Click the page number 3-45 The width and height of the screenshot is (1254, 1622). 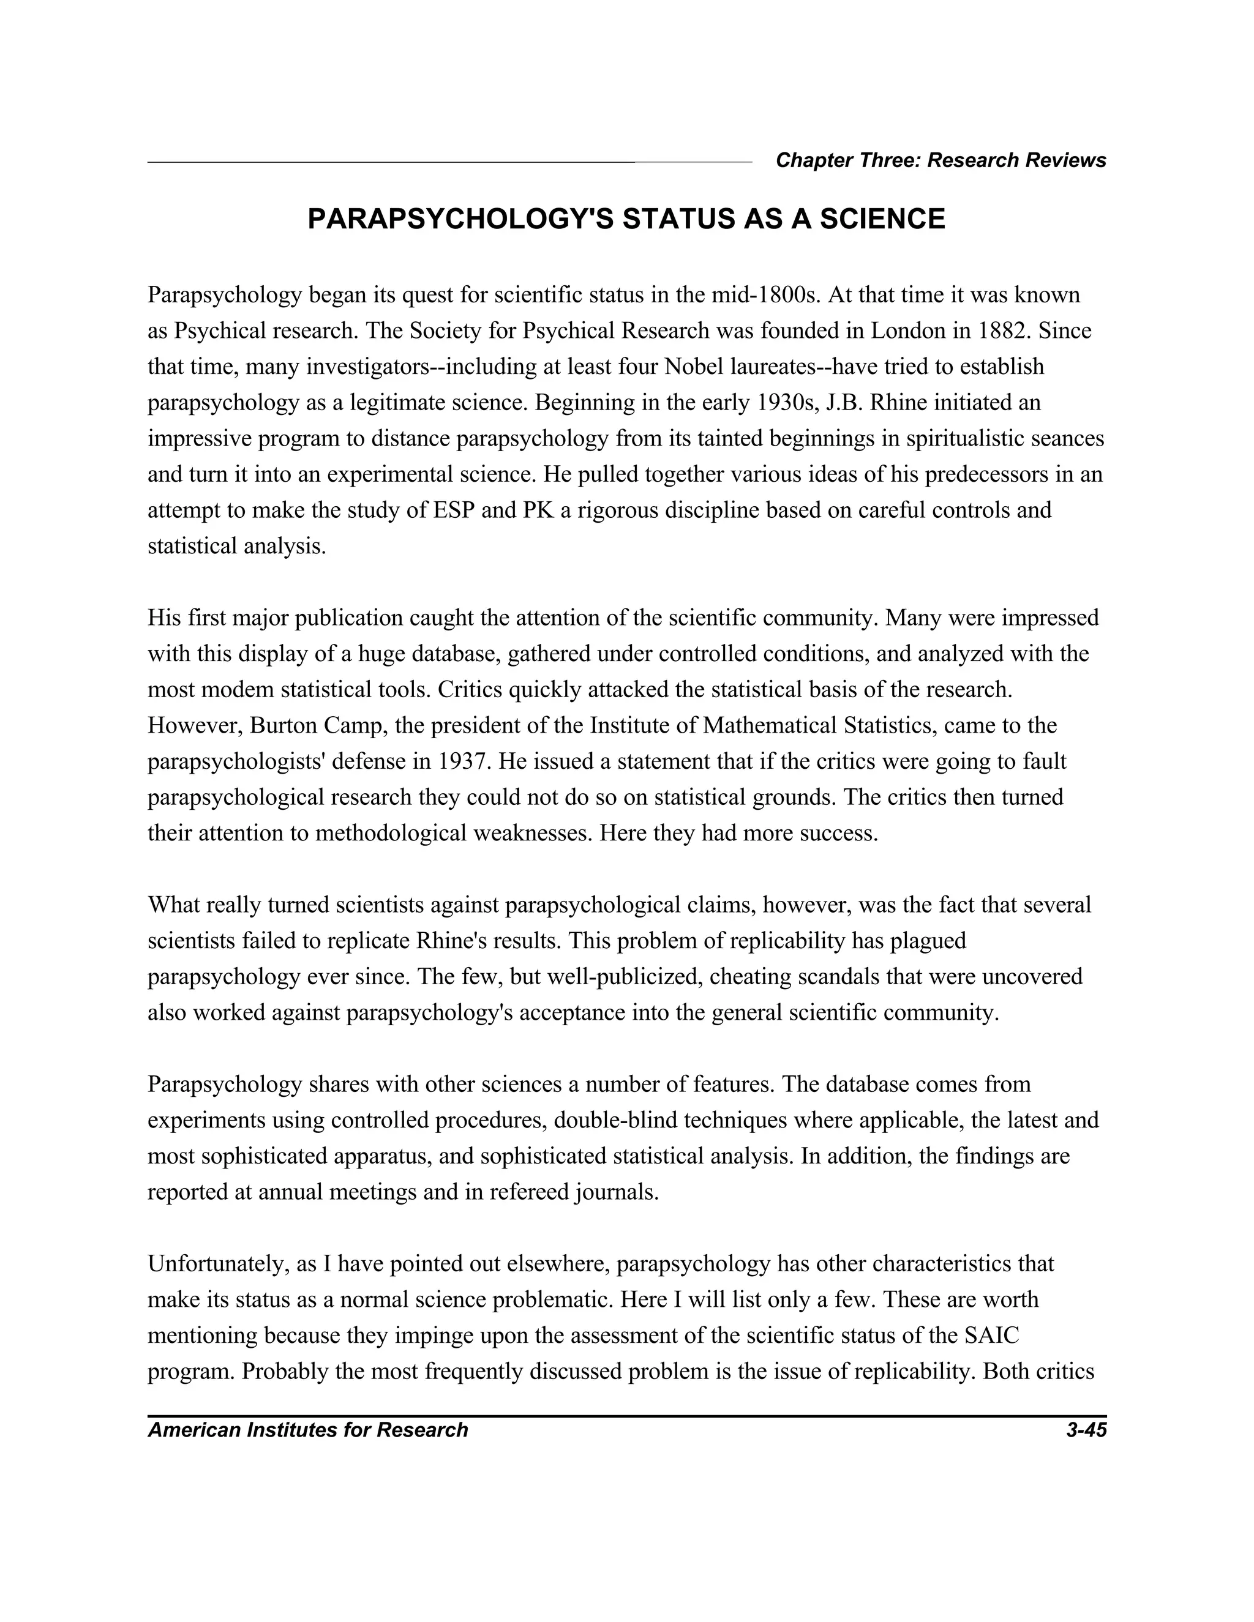click(1086, 1430)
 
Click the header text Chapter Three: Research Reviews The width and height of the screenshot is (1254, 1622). click(940, 160)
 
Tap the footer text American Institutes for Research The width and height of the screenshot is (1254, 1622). click(307, 1430)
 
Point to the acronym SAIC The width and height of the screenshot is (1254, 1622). click(992, 1336)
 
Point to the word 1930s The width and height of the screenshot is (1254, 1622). click(787, 403)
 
